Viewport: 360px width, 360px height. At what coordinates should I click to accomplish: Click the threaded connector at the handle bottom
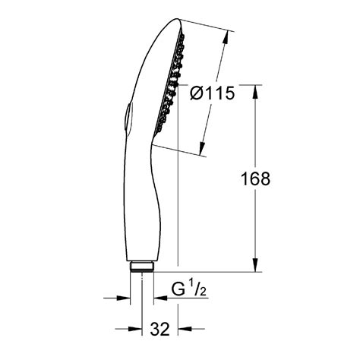point(142,267)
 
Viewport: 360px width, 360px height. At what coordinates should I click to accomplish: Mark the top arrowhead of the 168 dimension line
point(254,97)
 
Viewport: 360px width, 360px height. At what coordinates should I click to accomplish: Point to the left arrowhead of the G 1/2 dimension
point(128,298)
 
